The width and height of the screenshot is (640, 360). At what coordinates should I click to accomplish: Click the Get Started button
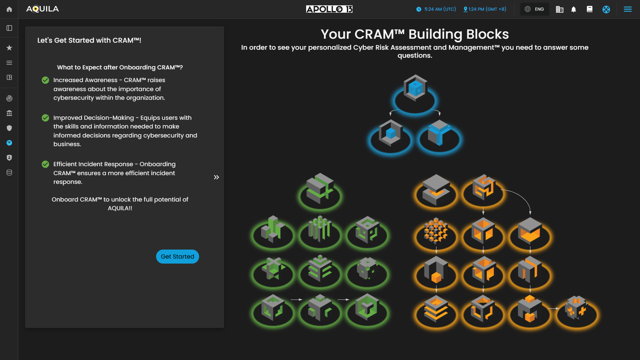coord(177,257)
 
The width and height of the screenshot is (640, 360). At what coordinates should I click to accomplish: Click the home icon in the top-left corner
coord(9,9)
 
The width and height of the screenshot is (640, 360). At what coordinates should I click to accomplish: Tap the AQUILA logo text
coord(42,9)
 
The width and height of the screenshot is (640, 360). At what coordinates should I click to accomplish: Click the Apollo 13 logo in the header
coord(329,9)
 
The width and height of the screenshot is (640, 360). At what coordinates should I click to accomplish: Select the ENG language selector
coord(535,9)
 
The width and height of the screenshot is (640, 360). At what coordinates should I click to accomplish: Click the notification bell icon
coord(574,9)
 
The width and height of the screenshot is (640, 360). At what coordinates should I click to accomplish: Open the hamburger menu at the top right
coord(628,9)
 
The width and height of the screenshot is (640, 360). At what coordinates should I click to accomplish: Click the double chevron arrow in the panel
coord(216,177)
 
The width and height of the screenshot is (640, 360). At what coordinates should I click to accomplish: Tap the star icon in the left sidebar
coord(9,48)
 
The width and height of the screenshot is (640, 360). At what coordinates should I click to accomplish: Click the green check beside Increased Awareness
coord(45,80)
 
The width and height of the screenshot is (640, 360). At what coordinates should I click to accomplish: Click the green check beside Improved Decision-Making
coord(45,118)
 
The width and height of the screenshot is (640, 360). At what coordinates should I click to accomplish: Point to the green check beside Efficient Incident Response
coord(45,164)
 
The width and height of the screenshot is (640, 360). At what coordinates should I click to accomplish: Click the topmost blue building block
coord(415,89)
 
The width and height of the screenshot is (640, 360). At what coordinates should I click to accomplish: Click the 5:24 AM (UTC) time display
coord(436,9)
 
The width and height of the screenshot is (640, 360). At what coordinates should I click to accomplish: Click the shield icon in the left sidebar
coord(9,128)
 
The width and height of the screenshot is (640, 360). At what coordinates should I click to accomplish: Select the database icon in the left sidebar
coord(9,172)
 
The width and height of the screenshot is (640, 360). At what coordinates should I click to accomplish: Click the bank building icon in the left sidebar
coord(9,113)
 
